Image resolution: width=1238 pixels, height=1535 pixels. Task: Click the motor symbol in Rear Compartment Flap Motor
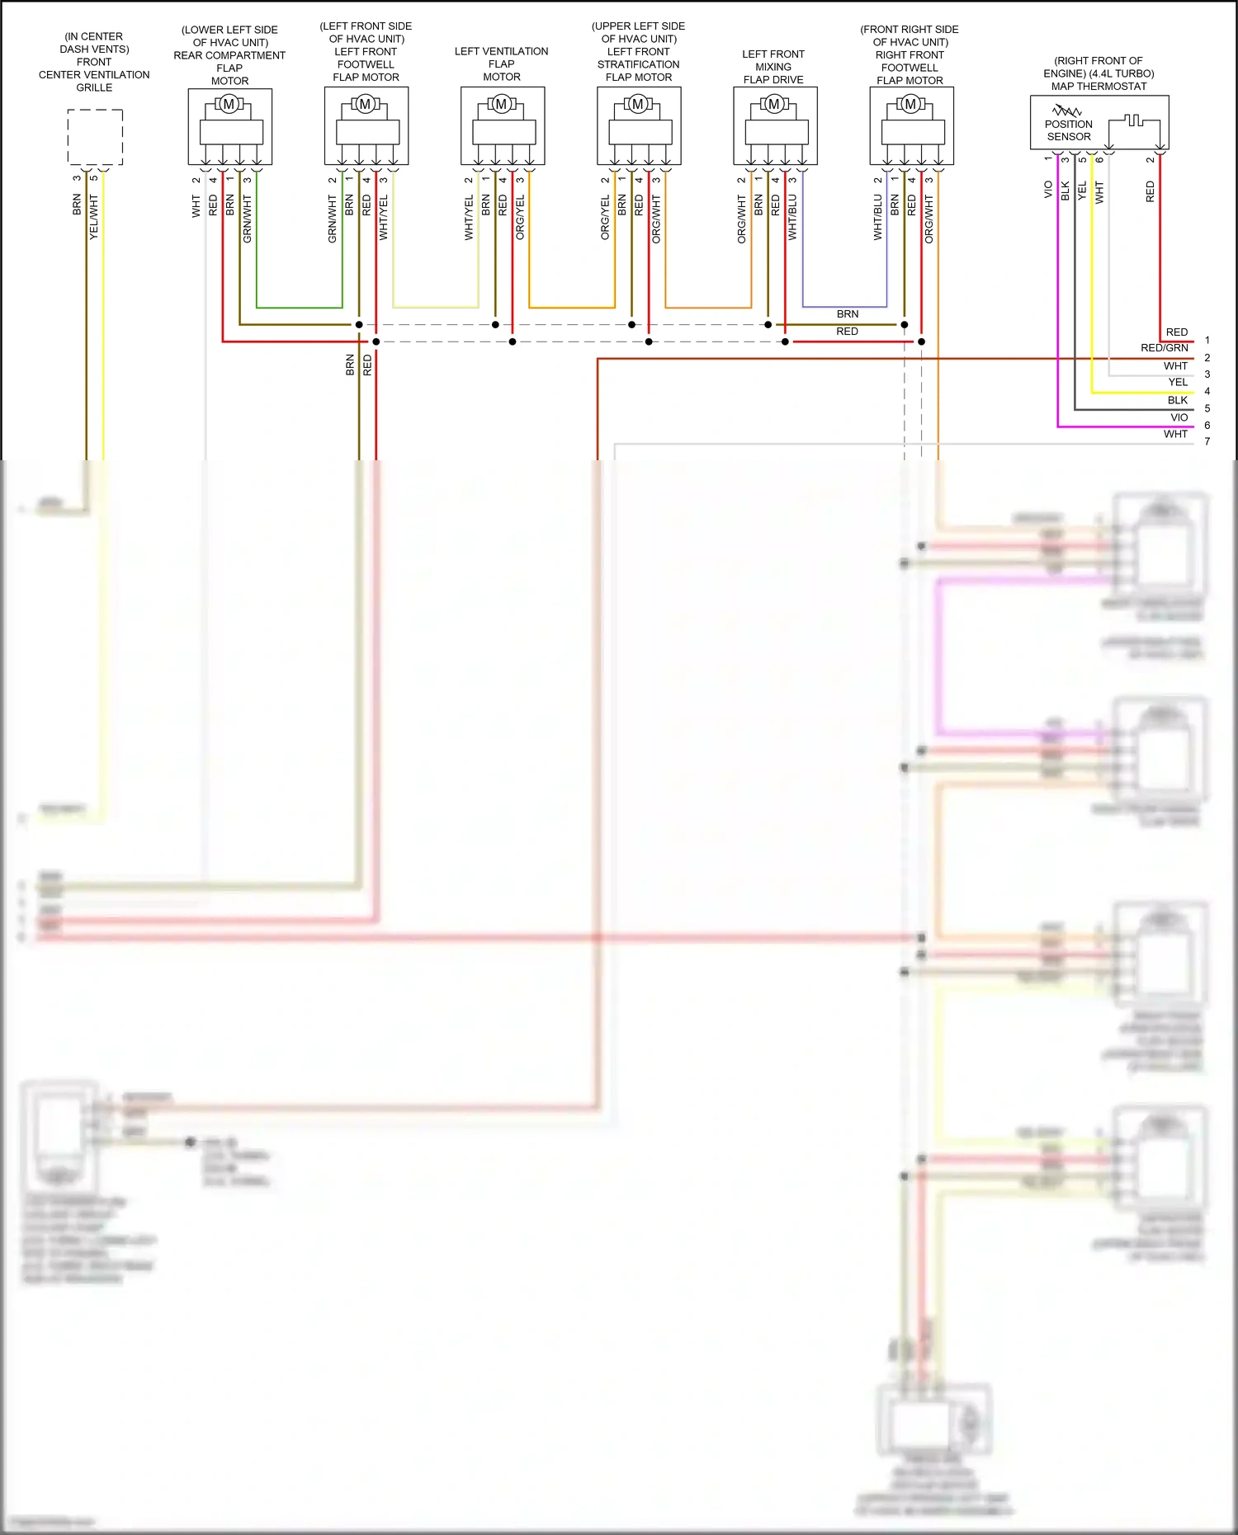click(x=229, y=105)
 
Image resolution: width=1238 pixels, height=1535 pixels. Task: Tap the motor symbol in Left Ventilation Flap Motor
click(x=502, y=105)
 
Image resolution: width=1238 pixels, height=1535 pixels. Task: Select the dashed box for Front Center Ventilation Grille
click(x=95, y=137)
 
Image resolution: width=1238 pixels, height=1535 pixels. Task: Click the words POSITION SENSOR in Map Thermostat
click(x=1069, y=130)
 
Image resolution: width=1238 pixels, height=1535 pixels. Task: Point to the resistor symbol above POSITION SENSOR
click(x=1066, y=111)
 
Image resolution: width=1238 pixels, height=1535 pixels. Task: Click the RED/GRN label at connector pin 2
click(x=1164, y=348)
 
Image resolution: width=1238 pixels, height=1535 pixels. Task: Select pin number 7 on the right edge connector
click(x=1207, y=441)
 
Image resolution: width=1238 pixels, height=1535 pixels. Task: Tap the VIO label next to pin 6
click(x=1179, y=417)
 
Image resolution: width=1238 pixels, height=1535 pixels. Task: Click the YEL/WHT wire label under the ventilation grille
click(x=94, y=218)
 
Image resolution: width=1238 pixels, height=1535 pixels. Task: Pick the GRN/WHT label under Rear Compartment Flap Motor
click(x=247, y=219)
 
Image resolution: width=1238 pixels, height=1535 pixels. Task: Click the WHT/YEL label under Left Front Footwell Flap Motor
click(x=383, y=218)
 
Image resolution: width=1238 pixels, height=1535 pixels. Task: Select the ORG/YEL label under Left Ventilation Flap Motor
click(x=520, y=218)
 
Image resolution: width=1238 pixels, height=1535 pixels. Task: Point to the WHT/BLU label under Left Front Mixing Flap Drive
click(x=792, y=218)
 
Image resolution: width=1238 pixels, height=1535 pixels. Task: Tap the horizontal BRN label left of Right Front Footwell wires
click(x=847, y=314)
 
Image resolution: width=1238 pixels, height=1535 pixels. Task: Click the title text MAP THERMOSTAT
click(x=1099, y=86)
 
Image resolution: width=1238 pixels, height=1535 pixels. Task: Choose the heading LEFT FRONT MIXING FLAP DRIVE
click(x=773, y=67)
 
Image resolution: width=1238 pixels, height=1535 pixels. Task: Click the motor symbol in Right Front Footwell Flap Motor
click(x=910, y=105)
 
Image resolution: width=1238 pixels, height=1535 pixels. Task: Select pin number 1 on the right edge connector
click(x=1207, y=340)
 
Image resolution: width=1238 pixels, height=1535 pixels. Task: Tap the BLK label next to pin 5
click(x=1178, y=400)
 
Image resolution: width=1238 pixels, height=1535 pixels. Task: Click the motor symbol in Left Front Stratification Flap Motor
click(x=638, y=105)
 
